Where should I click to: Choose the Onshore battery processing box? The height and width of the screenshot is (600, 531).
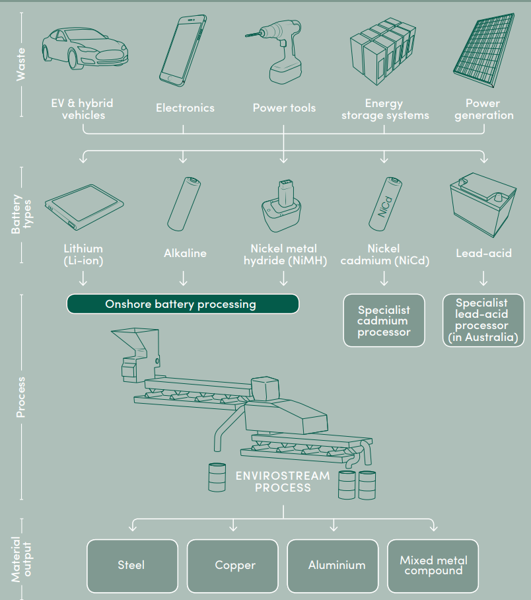coord(182,304)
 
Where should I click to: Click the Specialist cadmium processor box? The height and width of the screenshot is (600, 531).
coord(384,321)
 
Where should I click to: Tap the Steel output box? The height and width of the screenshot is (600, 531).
coord(132,566)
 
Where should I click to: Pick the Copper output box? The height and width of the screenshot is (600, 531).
coord(234,566)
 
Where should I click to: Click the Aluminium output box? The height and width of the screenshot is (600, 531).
coord(336,566)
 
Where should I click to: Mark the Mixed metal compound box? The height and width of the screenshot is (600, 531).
coord(433,566)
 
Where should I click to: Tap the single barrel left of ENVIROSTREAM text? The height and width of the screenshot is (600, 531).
coord(217,476)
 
